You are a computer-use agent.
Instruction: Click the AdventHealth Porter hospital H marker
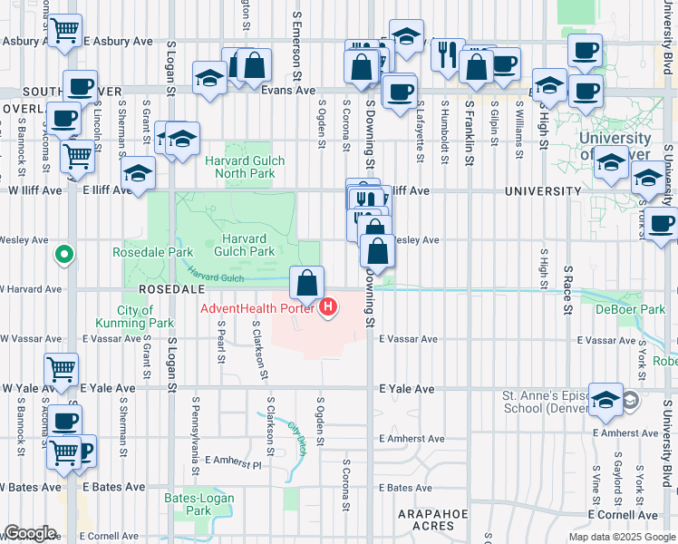point(328,308)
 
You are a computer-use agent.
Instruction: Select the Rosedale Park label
point(140,251)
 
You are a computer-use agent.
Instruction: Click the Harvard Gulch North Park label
point(245,167)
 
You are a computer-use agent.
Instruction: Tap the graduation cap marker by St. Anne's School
point(605,398)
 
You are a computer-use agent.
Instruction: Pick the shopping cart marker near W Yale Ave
point(61,369)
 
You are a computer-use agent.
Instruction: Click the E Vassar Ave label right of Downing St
point(408,339)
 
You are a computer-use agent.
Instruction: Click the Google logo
point(30,533)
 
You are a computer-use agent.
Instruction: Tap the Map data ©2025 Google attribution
point(622,537)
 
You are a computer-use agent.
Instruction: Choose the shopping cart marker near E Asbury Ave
point(64,30)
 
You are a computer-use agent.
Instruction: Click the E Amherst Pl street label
point(232,464)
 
